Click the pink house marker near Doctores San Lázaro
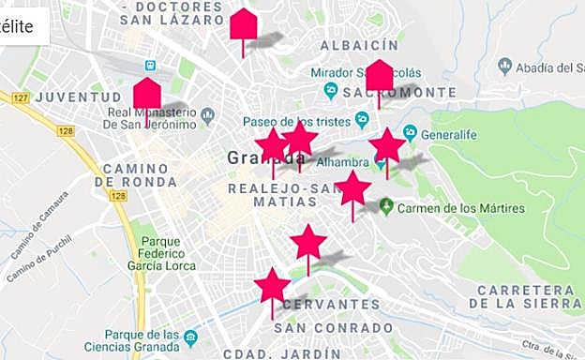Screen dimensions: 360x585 point(244,24)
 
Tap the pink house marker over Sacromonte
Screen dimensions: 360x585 point(379,75)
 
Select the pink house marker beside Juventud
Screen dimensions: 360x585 point(147,94)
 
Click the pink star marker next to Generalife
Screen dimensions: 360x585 point(386,146)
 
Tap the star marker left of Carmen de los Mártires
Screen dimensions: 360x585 point(352,188)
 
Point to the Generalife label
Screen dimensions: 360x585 point(449,134)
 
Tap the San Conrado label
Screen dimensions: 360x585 point(335,327)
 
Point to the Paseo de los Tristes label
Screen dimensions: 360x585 point(294,122)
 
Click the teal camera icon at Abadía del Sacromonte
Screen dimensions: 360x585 point(505,66)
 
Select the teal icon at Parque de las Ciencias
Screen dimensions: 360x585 point(191,337)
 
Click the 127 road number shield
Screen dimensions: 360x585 point(22,97)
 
